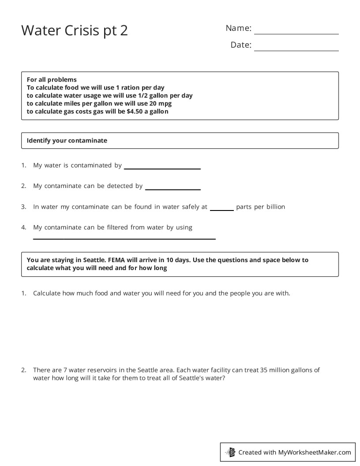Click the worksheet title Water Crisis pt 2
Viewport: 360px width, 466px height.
pyautogui.click(x=75, y=30)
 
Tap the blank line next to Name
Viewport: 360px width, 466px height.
pyautogui.click(x=296, y=34)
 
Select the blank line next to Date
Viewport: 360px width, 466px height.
pyautogui.click(x=296, y=50)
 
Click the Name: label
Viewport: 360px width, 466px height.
pyautogui.click(x=238, y=28)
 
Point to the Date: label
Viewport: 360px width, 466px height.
pyautogui.click(x=241, y=45)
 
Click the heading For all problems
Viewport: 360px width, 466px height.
pyautogui.click(x=52, y=79)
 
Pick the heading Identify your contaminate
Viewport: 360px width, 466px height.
pyautogui.click(x=67, y=140)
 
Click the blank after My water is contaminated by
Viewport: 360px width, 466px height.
pyautogui.click(x=162, y=168)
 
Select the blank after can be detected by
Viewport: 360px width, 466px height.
pyautogui.click(x=173, y=189)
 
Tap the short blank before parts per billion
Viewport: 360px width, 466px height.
pyautogui.click(x=221, y=210)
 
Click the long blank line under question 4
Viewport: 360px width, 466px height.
pyautogui.click(x=124, y=239)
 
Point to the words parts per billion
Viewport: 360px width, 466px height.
pyautogui.click(x=261, y=207)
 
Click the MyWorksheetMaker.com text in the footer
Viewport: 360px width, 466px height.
pyautogui.click(x=315, y=452)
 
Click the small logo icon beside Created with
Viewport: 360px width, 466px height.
pyautogui.click(x=230, y=452)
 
